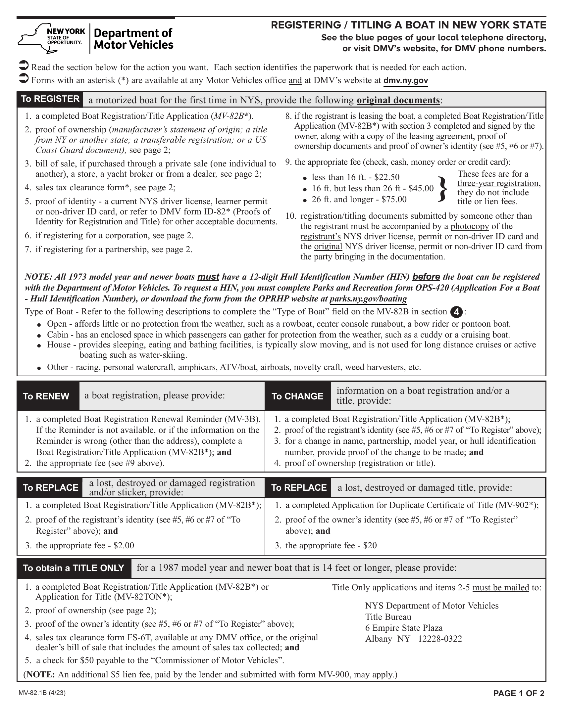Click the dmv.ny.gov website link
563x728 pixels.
(x=406, y=80)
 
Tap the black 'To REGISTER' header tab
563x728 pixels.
(x=50, y=99)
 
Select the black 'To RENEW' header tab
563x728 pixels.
(x=46, y=396)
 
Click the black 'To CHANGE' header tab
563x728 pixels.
(x=297, y=396)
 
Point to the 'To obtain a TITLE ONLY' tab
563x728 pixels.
(x=74, y=568)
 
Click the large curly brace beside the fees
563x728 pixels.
(x=442, y=189)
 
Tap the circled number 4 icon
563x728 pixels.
(x=456, y=312)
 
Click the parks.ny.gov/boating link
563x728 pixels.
(x=368, y=299)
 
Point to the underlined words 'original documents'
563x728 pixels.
(x=398, y=100)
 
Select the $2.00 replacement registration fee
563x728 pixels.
(x=124, y=545)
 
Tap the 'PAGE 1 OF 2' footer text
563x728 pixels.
(x=519, y=693)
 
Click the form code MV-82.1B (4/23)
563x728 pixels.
(x=42, y=693)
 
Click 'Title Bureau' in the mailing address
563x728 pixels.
(x=388, y=617)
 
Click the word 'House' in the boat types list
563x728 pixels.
(x=59, y=345)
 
